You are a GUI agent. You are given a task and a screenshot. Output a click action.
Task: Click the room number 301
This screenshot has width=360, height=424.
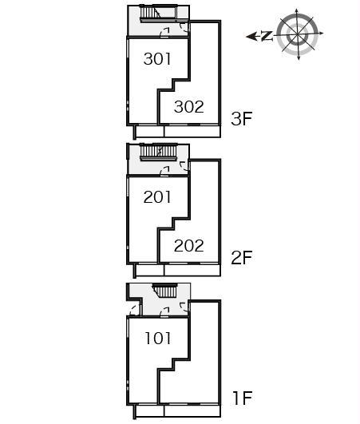pyautogui.click(x=157, y=59)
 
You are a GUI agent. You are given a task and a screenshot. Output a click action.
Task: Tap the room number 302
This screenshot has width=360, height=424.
pyautogui.click(x=188, y=106)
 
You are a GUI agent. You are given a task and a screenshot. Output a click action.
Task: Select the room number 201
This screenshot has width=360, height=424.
pyautogui.click(x=157, y=197)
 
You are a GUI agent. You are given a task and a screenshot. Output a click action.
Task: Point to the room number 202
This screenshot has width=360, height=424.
pyautogui.click(x=188, y=245)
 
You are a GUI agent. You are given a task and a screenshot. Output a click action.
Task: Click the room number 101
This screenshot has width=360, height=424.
pyautogui.click(x=158, y=338)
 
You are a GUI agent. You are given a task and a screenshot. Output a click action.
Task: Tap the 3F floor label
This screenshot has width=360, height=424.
pyautogui.click(x=241, y=118)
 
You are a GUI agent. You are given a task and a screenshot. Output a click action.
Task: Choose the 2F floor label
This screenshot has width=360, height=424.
pyautogui.click(x=241, y=257)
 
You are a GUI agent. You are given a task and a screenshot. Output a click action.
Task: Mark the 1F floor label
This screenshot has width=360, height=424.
pyautogui.click(x=243, y=398)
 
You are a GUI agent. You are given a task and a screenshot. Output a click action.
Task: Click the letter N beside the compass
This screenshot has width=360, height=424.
pyautogui.click(x=267, y=36)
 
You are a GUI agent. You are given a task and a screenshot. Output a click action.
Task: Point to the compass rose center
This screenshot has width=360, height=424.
pyautogui.click(x=297, y=34)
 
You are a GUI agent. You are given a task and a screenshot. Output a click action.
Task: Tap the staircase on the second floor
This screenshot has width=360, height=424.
pyautogui.click(x=159, y=152)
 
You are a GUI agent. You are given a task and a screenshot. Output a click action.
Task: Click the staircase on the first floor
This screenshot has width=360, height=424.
pyautogui.click(x=165, y=291)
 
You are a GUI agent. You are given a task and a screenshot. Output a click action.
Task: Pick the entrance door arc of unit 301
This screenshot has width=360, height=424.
pyautogui.click(x=164, y=33)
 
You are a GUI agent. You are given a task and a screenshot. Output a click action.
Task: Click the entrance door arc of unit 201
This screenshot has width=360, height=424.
pyautogui.click(x=164, y=171)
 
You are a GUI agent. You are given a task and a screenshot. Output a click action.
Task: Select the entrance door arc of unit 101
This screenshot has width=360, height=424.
pyautogui.click(x=164, y=312)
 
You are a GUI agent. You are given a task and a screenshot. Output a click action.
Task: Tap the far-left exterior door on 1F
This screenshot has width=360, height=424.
pyautogui.click(x=135, y=310)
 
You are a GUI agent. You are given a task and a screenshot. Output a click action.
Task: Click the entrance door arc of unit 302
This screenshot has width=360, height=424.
pyautogui.click(x=184, y=28)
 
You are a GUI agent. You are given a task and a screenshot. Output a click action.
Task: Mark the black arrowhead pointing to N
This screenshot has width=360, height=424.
pyautogui.click(x=251, y=36)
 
